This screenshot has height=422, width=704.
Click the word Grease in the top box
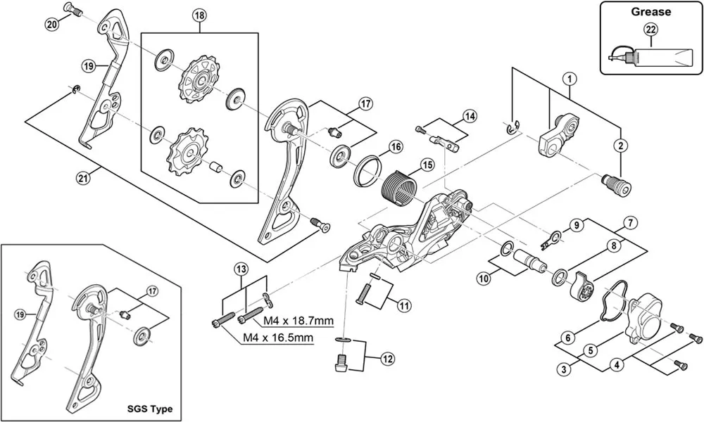click(650, 11)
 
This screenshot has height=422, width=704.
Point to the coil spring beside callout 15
click(398, 188)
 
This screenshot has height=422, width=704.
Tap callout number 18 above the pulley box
click(199, 15)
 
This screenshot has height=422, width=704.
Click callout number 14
click(470, 115)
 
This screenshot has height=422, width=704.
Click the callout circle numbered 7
click(630, 223)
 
